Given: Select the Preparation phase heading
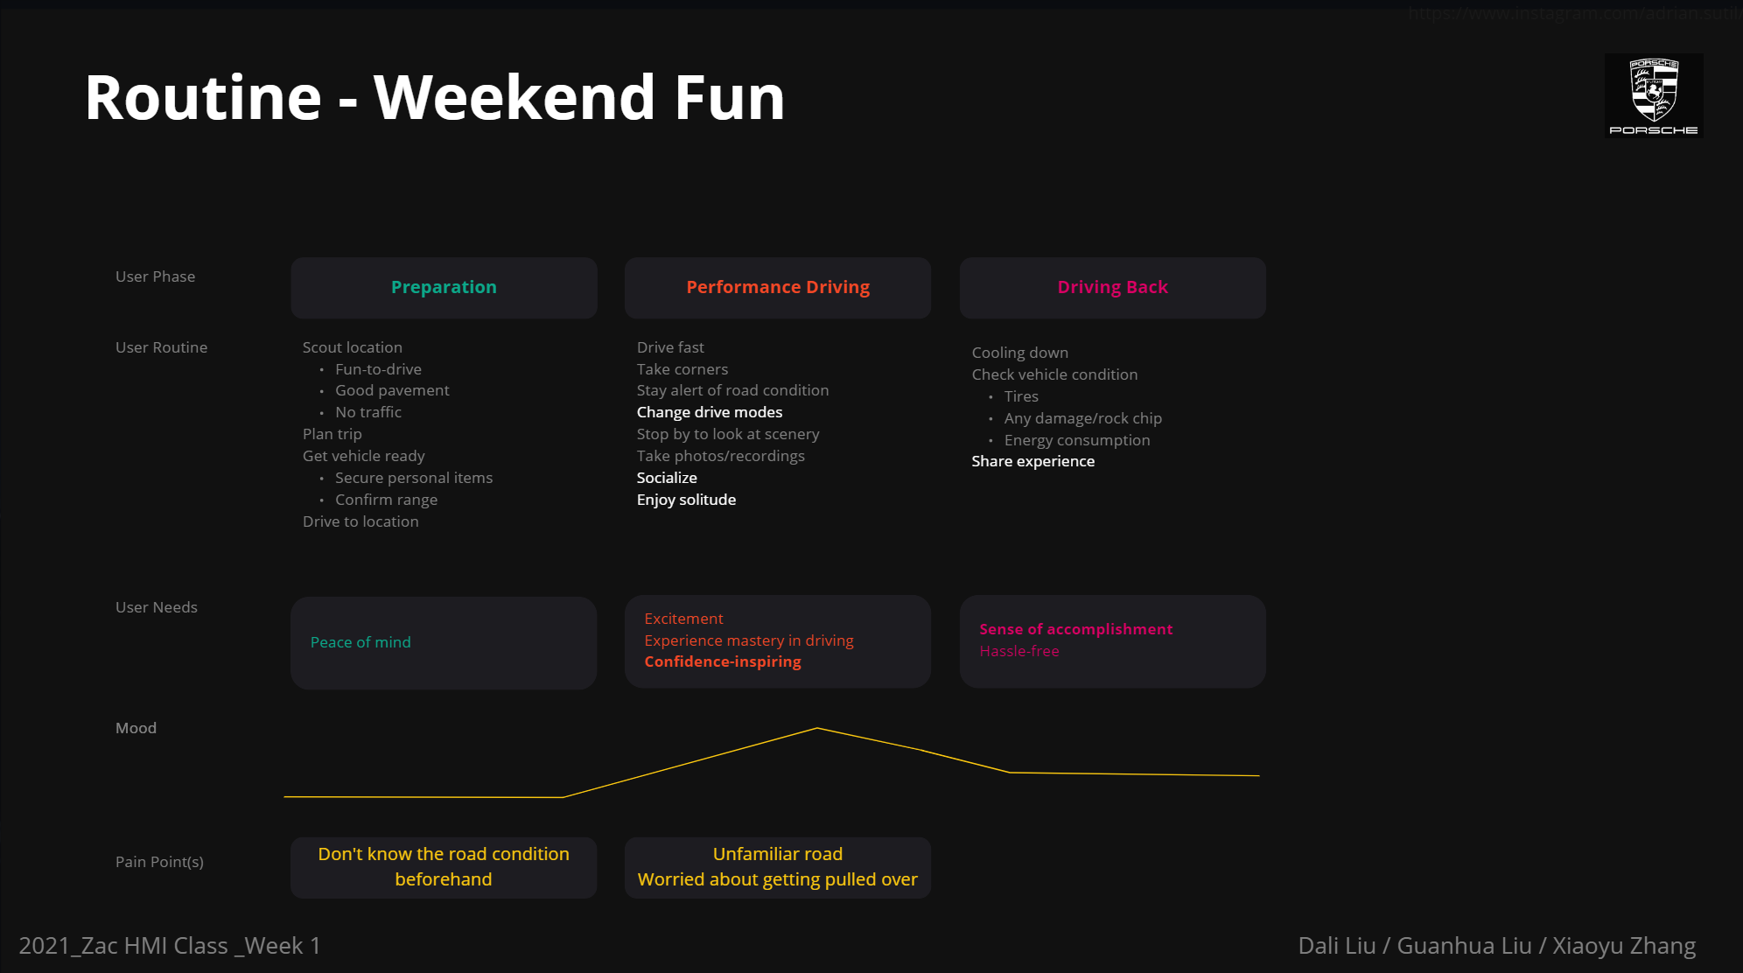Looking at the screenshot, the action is pyautogui.click(x=444, y=287).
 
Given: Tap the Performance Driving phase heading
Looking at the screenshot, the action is pyautogui.click(x=778, y=287).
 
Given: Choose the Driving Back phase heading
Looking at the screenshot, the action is pyautogui.click(x=1112, y=287).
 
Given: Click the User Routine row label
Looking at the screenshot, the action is pyautogui.click(x=162, y=347).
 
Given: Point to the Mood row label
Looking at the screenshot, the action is pyautogui.click(x=136, y=728).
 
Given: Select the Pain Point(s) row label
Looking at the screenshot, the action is pyautogui.click(x=159, y=862).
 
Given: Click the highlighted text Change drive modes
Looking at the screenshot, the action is pyautogui.click(x=710, y=412).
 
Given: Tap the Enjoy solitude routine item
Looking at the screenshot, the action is pyautogui.click(x=686, y=500).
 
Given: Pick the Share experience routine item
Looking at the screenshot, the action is pyautogui.click(x=1032, y=461).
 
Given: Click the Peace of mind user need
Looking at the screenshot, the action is pyautogui.click(x=360, y=642).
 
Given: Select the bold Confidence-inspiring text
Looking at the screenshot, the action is pyautogui.click(x=723, y=661).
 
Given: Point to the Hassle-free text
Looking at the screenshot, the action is pyautogui.click(x=1019, y=651).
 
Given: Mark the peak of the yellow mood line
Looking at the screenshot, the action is pyautogui.click(x=817, y=728).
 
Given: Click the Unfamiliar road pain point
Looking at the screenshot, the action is pyautogui.click(x=778, y=854).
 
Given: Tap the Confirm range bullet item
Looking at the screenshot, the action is pyautogui.click(x=386, y=500).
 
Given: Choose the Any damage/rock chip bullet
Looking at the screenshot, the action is pyautogui.click(x=1082, y=418).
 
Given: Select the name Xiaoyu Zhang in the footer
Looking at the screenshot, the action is pyautogui.click(x=1624, y=946).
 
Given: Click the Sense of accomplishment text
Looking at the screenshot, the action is pyautogui.click(x=1075, y=629).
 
